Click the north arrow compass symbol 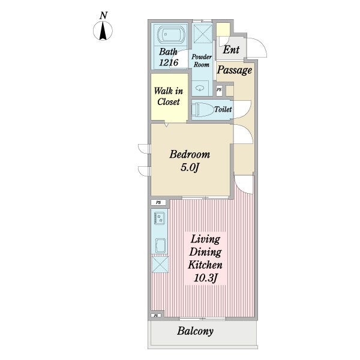click(103, 31)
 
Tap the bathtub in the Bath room click(171, 35)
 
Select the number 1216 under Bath click(169, 62)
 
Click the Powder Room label click(202, 61)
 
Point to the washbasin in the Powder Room click(200, 87)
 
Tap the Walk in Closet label click(169, 97)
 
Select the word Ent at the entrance click(231, 50)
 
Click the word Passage click(235, 70)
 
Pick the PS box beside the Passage click(219, 90)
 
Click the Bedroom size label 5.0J click(190, 167)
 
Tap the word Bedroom click(190, 154)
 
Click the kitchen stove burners click(160, 218)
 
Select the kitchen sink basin click(160, 245)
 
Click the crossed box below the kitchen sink click(160, 265)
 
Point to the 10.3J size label click(205, 278)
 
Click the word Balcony click(196, 331)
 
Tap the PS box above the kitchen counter click(158, 203)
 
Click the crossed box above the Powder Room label click(202, 34)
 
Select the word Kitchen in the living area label click(205, 265)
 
